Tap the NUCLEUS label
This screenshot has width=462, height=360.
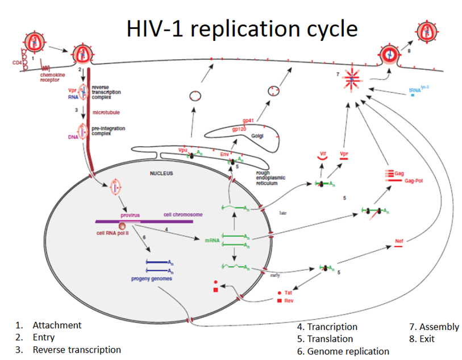[161, 173]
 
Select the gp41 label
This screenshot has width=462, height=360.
[248, 121]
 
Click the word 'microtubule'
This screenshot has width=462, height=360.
[106, 112]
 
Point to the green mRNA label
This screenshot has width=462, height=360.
[212, 241]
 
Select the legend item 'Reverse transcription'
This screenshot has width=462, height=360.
[76, 350]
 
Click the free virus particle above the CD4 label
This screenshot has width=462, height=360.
[34, 41]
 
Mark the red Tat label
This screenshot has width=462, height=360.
[288, 292]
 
